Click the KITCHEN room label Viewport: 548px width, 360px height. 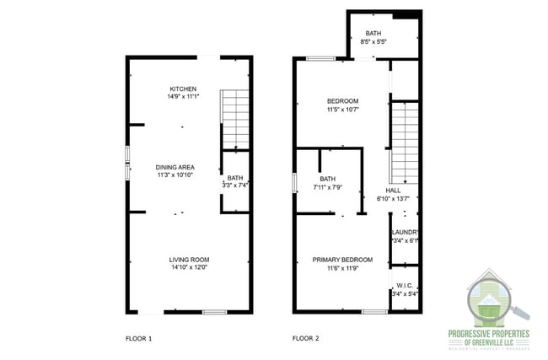pos(183,89)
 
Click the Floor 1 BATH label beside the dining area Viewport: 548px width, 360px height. pos(235,178)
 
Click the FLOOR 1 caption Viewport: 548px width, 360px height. pos(138,338)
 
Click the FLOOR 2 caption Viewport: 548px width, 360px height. pos(306,338)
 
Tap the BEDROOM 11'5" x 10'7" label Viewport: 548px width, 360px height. pos(343,101)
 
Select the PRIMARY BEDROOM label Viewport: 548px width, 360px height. pos(342,260)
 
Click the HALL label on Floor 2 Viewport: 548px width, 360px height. pos(393,191)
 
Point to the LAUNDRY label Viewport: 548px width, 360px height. pos(406,232)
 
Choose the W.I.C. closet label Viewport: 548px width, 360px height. pos(405,286)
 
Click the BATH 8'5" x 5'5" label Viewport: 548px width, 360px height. pos(373,34)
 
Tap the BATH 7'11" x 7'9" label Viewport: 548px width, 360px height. pos(327,179)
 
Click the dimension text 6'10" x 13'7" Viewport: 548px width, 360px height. pos(393,199)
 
